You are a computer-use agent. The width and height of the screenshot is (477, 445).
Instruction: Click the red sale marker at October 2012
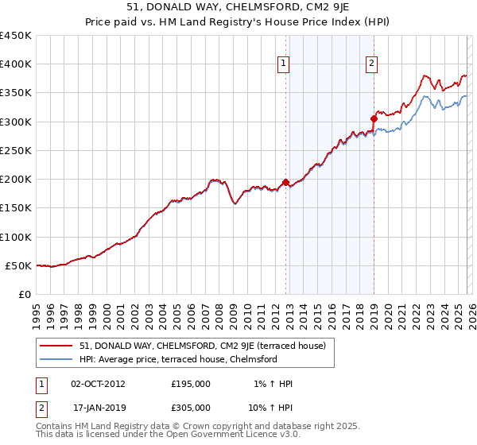click(285, 182)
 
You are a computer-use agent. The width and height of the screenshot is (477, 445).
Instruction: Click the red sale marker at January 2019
click(374, 118)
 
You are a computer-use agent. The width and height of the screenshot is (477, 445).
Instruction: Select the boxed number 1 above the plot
click(284, 65)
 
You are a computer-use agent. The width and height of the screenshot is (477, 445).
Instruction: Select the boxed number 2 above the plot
click(371, 65)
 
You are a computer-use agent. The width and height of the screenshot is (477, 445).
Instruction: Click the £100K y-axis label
click(16, 237)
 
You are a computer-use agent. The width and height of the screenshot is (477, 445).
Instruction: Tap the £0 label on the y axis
click(25, 294)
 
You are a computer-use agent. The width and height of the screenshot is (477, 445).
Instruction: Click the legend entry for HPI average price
click(177, 359)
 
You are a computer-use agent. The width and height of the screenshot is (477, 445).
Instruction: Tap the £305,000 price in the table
click(191, 407)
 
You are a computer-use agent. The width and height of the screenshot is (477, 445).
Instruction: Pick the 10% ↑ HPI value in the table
click(271, 407)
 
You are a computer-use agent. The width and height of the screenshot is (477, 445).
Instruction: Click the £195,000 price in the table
click(191, 384)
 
